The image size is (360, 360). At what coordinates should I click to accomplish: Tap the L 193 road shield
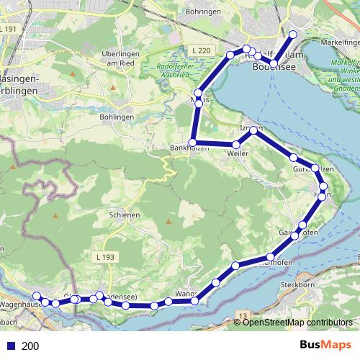point(103,256)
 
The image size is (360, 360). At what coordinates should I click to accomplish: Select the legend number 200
point(31,346)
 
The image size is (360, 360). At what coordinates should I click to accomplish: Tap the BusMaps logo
point(323,346)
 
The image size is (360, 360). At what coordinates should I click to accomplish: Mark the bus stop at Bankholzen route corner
point(192,142)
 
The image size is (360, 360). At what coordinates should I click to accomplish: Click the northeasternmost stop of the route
point(293,35)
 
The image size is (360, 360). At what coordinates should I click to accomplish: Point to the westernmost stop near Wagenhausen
point(36,296)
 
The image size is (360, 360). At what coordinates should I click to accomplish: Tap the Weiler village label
point(237,154)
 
